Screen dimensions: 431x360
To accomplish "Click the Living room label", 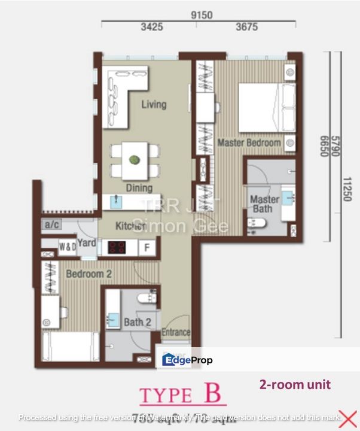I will [154, 105].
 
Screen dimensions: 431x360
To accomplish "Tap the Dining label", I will [139, 188].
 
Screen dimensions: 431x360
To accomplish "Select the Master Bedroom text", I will [249, 144].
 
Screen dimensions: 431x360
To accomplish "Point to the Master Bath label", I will [264, 204].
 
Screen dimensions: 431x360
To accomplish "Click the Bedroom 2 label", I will [89, 274].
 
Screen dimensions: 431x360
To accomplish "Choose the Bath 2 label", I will [137, 323].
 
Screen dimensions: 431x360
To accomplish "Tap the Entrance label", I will [176, 332].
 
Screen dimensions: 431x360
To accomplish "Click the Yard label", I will [87, 243].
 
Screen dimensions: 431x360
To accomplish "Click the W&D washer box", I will [66, 246].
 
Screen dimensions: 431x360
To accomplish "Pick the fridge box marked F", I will [147, 247].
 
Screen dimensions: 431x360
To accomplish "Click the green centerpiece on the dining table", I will [135, 160].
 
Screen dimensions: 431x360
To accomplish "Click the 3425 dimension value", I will [152, 27].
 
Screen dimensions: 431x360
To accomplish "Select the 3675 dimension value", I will [246, 27].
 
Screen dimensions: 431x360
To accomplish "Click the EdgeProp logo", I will [187, 360].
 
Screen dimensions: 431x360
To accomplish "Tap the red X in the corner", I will [347, 419].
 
